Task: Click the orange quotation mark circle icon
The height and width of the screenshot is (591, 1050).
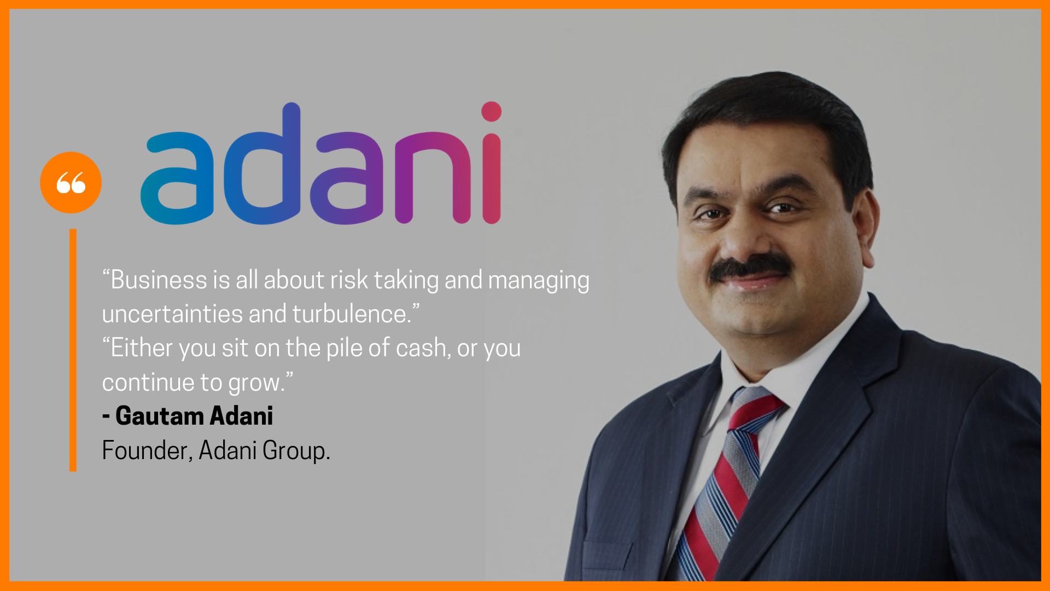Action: tap(71, 182)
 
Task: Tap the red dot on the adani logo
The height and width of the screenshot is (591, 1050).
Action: tap(491, 112)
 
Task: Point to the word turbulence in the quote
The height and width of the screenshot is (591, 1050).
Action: tap(352, 314)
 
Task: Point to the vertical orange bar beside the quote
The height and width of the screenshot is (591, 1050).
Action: tap(73, 350)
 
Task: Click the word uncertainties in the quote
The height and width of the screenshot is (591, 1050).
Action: tap(172, 314)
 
